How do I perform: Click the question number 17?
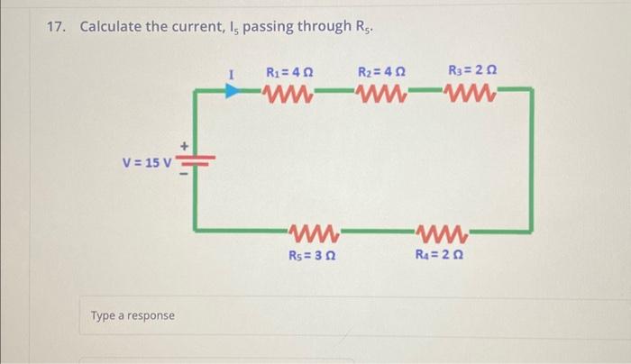[57, 26]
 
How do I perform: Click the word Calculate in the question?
[111, 26]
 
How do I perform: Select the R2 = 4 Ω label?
[381, 72]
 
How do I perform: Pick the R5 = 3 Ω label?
[313, 254]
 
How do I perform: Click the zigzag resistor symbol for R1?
[288, 91]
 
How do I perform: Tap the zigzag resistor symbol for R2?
[381, 91]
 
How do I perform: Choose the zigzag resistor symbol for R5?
[313, 233]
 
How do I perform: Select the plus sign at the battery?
[187, 145]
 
